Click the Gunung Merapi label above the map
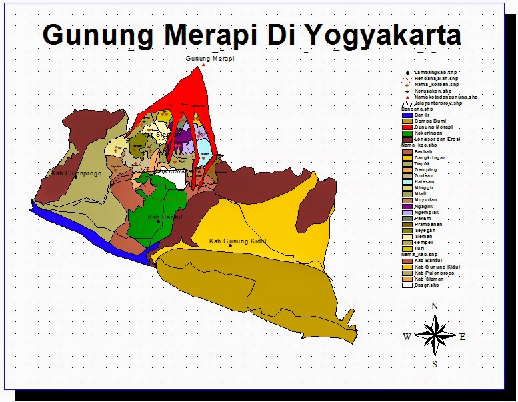pos(210,59)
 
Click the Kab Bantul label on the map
pos(165,217)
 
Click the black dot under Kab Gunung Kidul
pos(230,246)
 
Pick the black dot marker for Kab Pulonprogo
pos(75,177)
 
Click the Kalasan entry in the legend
pos(424,181)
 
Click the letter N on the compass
pos(435,306)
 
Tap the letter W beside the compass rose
pos(406,337)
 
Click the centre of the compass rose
pos(435,335)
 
